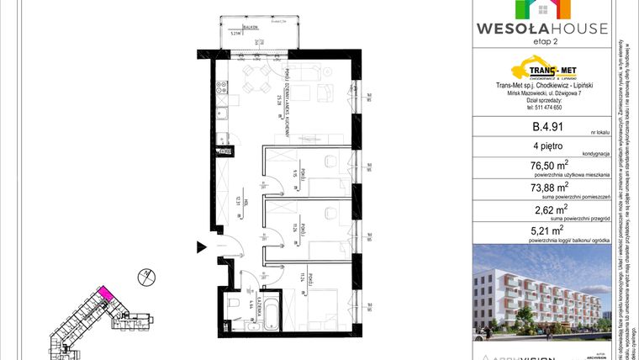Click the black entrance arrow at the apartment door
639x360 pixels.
tap(201, 246)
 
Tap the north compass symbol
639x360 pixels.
tap(144, 274)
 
